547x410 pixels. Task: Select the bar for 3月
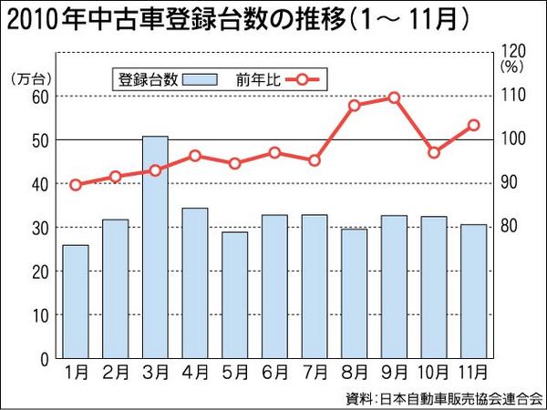click(155, 247)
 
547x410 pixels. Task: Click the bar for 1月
click(76, 302)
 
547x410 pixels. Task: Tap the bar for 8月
click(354, 293)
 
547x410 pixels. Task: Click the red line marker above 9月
click(394, 97)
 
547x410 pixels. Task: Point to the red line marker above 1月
click(76, 185)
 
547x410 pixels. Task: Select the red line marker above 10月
click(434, 152)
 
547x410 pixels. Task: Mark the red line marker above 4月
click(195, 156)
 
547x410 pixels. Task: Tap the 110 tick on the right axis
click(511, 96)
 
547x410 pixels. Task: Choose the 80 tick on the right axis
click(511, 226)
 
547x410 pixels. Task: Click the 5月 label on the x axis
click(235, 373)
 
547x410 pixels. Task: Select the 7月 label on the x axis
click(315, 373)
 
